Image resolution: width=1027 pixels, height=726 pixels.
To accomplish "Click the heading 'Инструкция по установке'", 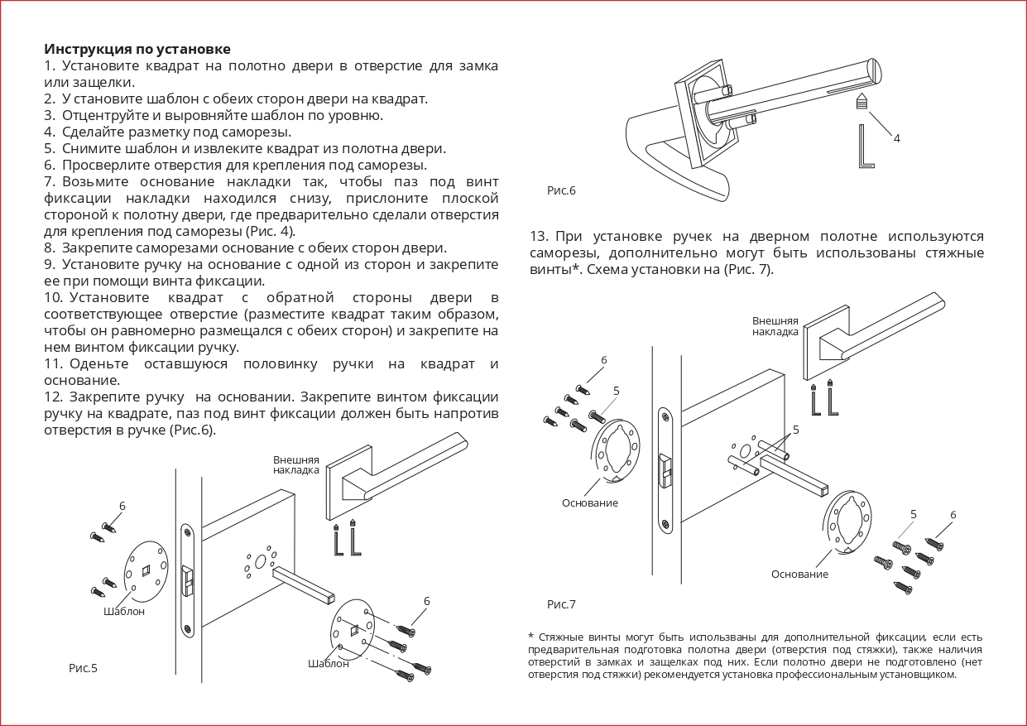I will coord(137,49).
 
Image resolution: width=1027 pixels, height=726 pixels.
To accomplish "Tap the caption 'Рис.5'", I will coord(83,667).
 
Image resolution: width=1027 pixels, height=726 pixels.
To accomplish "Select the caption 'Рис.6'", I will coord(561,190).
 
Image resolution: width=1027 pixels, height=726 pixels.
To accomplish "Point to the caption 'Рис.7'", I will coord(561,604).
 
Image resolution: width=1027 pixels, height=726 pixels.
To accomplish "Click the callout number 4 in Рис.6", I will coord(896,138).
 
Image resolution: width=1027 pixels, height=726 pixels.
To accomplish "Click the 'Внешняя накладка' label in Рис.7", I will coord(775,326).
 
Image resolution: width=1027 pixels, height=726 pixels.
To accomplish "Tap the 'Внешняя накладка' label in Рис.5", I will coord(296,464).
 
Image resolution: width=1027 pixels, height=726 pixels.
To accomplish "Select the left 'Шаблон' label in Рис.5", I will coord(124,611).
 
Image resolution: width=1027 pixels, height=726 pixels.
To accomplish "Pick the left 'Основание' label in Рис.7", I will coord(590,502).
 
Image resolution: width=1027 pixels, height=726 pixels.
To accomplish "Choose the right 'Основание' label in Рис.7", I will coord(799,574).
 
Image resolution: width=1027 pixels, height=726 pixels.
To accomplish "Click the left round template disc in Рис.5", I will coord(146,571).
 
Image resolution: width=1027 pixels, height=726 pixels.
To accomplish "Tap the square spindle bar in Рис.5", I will coord(304,584).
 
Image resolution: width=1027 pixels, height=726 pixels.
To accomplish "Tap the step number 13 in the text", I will coord(539,237).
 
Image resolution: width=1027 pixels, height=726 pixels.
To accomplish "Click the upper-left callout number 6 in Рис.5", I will coord(122,506).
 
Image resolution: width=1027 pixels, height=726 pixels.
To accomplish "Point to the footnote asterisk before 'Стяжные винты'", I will coord(530,637).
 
